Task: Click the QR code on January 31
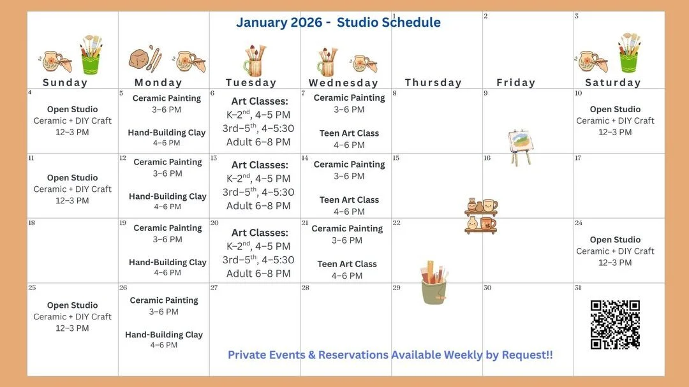pyautogui.click(x=614, y=325)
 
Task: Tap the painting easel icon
pyautogui.click(x=519, y=147)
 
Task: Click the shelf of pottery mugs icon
pyautogui.click(x=480, y=215)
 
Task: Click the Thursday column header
pyautogui.click(x=433, y=83)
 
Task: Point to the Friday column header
pyautogui.click(x=515, y=83)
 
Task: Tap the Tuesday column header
pyautogui.click(x=251, y=83)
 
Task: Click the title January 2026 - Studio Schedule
pyautogui.click(x=338, y=22)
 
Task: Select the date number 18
pyautogui.click(x=31, y=223)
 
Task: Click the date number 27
pyautogui.click(x=214, y=288)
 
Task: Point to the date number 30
pyautogui.click(x=487, y=288)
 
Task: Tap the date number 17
pyautogui.click(x=578, y=157)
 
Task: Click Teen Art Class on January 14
pyautogui.click(x=349, y=200)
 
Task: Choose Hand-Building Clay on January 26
pyautogui.click(x=164, y=335)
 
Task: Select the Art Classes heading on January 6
pyautogui.click(x=260, y=101)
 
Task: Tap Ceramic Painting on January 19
pyautogui.click(x=168, y=228)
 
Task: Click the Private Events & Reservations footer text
pyautogui.click(x=390, y=355)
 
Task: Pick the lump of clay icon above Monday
pyautogui.click(x=141, y=58)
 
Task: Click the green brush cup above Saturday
pyautogui.click(x=628, y=55)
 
